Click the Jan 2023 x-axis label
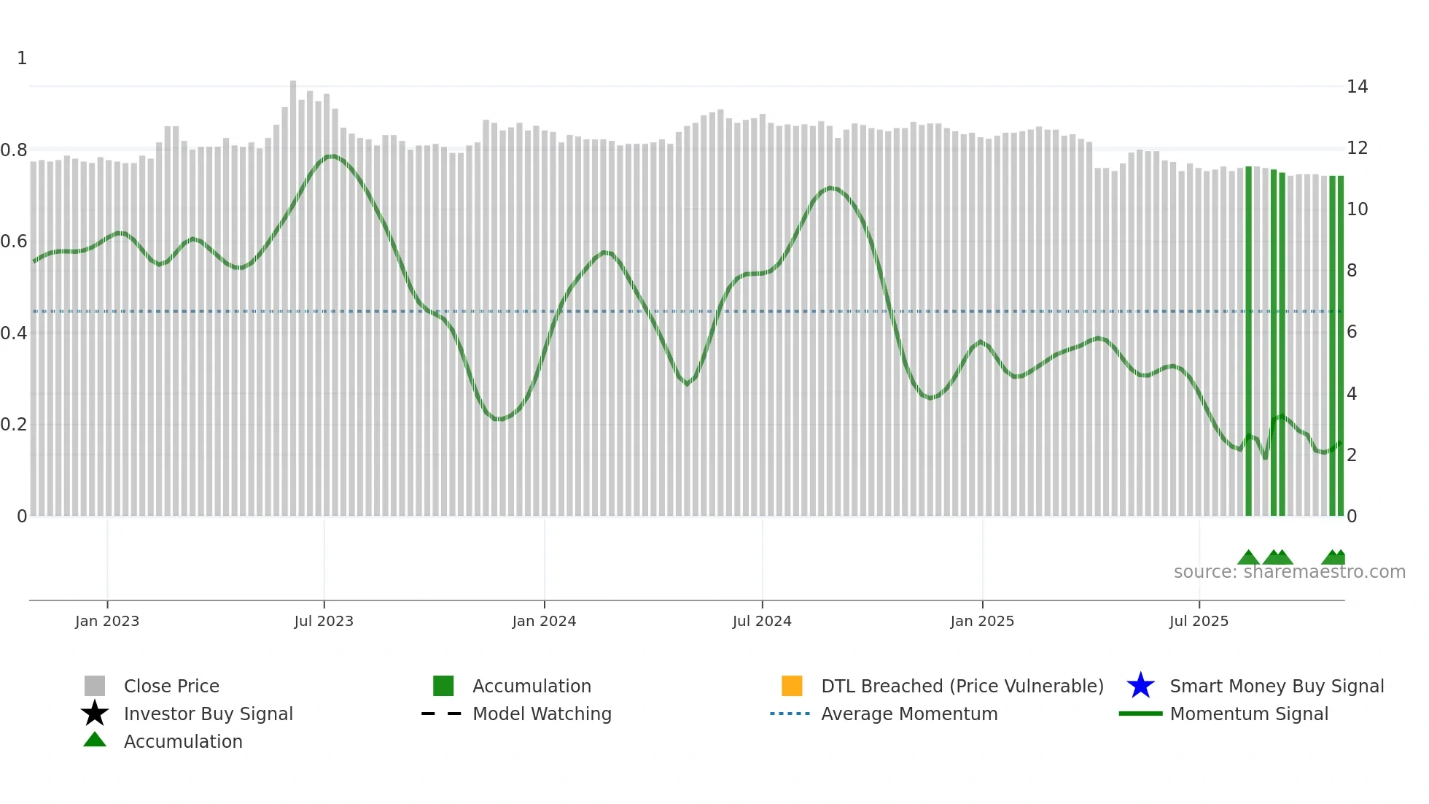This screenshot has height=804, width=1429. (x=107, y=621)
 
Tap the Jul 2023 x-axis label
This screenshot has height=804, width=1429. (x=324, y=621)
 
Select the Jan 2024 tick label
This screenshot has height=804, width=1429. (x=544, y=621)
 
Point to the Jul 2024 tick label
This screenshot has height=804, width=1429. (x=762, y=621)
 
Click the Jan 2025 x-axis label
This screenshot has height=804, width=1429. (x=982, y=621)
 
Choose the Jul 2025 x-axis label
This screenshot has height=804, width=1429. (x=1199, y=621)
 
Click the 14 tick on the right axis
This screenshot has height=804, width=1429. (x=1357, y=87)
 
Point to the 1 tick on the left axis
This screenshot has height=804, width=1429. (x=22, y=58)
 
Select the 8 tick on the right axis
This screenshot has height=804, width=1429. (x=1352, y=271)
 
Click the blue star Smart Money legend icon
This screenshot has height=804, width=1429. (x=1140, y=686)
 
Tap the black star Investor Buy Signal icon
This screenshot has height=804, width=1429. (x=95, y=714)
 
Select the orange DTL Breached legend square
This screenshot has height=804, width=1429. (x=792, y=686)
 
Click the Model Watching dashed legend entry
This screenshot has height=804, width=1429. (x=442, y=714)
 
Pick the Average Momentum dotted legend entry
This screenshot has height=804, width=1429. (x=790, y=714)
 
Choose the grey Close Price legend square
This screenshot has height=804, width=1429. (x=95, y=686)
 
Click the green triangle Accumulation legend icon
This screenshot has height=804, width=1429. (x=95, y=741)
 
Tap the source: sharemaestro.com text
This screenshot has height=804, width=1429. (x=1289, y=572)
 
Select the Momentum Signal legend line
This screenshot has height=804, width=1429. (x=1140, y=714)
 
